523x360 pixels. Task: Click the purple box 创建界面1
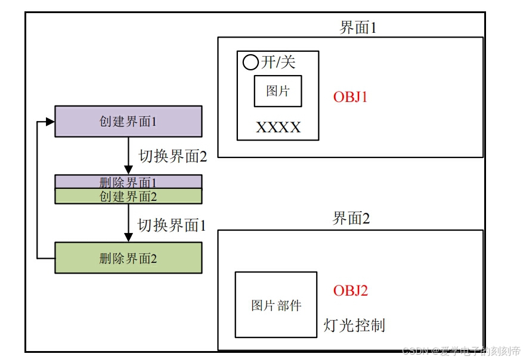(x=128, y=121)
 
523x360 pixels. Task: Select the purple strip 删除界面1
(x=128, y=182)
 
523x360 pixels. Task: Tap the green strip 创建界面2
(x=128, y=196)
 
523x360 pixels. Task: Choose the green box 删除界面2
(x=128, y=258)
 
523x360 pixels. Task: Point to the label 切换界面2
(x=173, y=156)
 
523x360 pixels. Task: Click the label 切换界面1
(x=172, y=225)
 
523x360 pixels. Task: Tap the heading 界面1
(x=358, y=27)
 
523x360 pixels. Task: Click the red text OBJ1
(x=350, y=97)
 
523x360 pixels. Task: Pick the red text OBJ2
(x=350, y=291)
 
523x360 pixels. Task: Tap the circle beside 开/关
(x=250, y=62)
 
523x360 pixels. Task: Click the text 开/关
(x=278, y=62)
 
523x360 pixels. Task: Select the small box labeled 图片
(x=278, y=91)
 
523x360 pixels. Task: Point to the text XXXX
(x=278, y=128)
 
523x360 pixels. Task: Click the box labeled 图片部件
(x=276, y=305)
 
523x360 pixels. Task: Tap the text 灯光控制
(x=354, y=325)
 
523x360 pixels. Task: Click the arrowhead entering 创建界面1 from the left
(x=50, y=122)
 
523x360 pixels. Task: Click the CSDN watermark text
(x=461, y=351)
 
